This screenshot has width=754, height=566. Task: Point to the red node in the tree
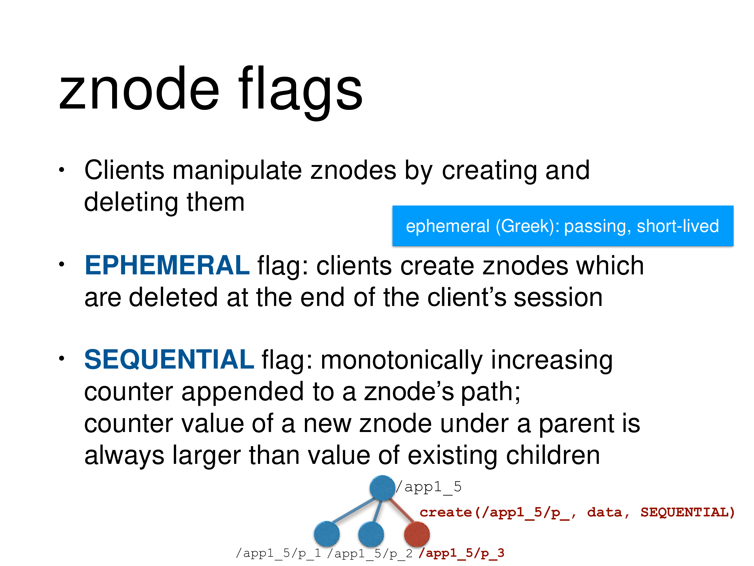click(x=417, y=534)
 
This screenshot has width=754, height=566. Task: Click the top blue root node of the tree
click(x=382, y=488)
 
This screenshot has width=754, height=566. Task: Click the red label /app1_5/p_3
click(x=462, y=553)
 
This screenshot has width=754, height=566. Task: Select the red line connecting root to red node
click(x=402, y=511)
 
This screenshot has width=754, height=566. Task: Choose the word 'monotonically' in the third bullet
click(x=402, y=360)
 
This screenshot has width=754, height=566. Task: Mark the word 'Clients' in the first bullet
click(x=124, y=170)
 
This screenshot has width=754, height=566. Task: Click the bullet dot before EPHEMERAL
click(x=61, y=264)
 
